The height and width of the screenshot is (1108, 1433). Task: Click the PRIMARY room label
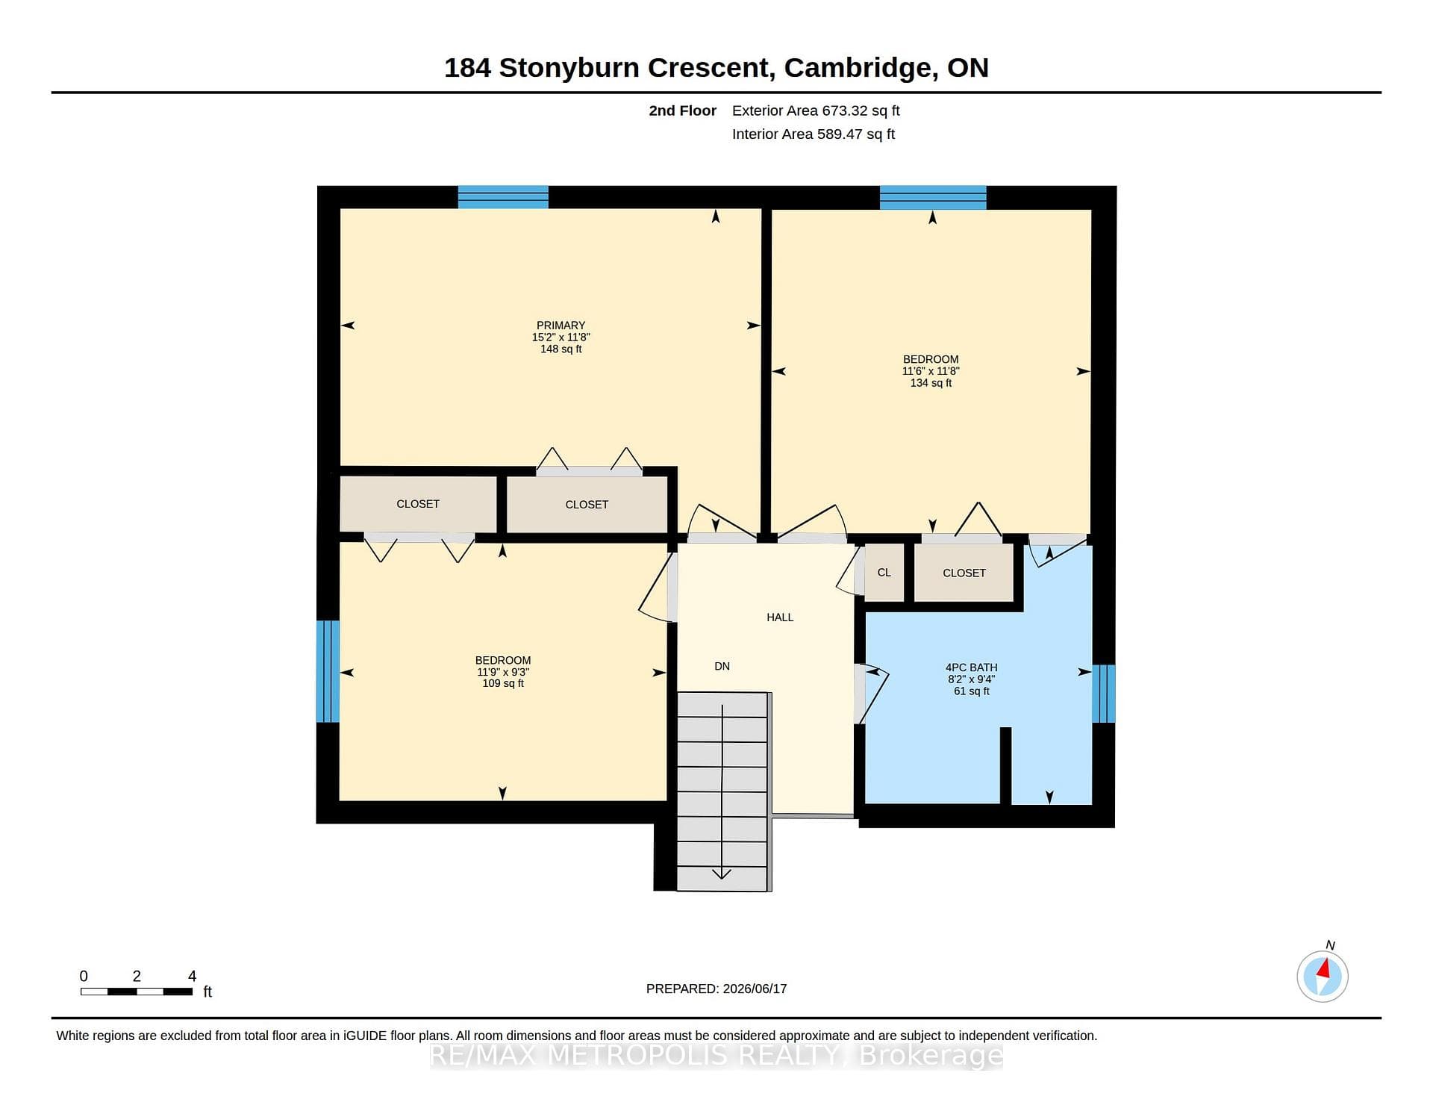coord(561,326)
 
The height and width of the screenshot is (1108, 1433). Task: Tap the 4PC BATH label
coord(971,667)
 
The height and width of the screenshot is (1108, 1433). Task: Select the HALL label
coord(780,617)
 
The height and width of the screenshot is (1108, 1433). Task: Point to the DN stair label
coord(722,666)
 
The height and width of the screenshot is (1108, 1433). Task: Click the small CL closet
coord(884,573)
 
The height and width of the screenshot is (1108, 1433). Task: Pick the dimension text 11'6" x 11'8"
coord(931,371)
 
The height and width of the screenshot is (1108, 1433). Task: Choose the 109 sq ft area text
coord(503,683)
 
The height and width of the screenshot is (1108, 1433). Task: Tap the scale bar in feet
coord(137,992)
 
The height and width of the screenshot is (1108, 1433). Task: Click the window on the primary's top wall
coord(503,197)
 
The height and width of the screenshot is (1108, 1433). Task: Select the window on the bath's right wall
coord(1104,694)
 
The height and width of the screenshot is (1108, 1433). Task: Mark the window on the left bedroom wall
coord(328,672)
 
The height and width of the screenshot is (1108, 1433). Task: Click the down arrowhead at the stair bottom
coord(722,874)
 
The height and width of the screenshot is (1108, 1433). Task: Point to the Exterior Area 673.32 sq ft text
coord(816,111)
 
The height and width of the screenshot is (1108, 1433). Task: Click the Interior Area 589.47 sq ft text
coord(814,134)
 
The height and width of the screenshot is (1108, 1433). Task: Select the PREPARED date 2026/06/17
coord(716,989)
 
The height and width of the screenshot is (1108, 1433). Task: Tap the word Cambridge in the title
coord(858,68)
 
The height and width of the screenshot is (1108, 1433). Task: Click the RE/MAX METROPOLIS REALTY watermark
coord(716,1055)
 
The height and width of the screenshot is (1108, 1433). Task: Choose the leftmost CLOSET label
coord(418,504)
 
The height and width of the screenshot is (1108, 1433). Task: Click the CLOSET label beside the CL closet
coord(964,573)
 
